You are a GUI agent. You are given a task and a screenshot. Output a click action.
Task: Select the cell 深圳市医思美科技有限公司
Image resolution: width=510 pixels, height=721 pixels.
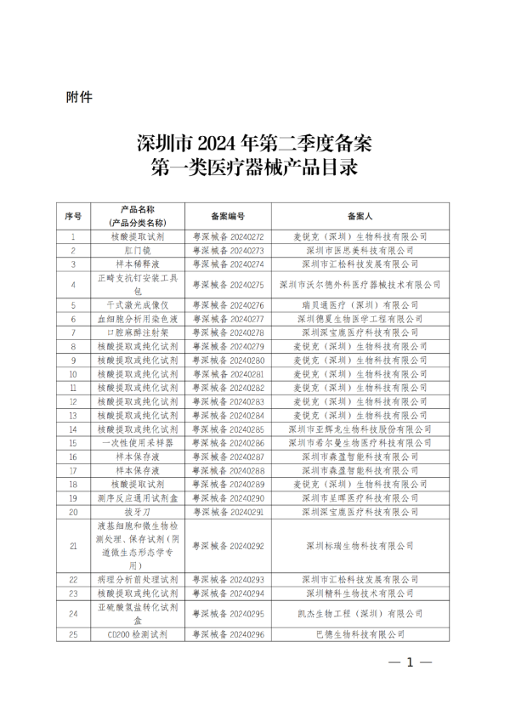[x=362, y=251]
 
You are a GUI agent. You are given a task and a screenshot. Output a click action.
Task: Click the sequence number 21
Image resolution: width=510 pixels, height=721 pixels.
[x=73, y=545]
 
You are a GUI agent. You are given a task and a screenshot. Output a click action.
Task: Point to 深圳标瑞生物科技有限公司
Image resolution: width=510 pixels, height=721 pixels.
[x=362, y=545]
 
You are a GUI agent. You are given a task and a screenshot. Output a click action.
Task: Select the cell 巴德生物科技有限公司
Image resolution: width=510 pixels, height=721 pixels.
[x=362, y=633]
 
